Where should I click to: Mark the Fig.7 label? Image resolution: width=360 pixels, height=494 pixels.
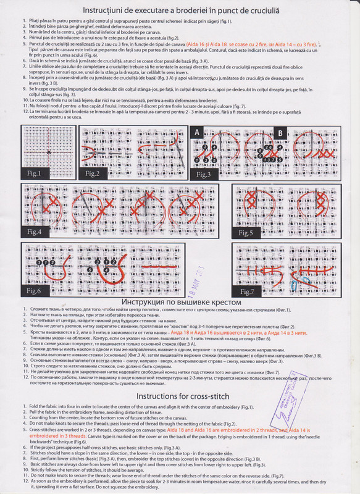tap(248, 290)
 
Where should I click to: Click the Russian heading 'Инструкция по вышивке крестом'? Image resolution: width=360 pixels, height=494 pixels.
tap(179, 302)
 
